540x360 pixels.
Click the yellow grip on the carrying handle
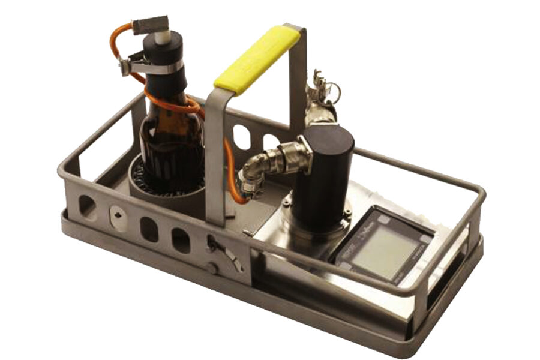tap(257, 60)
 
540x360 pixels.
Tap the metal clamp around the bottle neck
tap(150, 65)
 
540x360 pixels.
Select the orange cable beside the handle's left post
tap(230, 168)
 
